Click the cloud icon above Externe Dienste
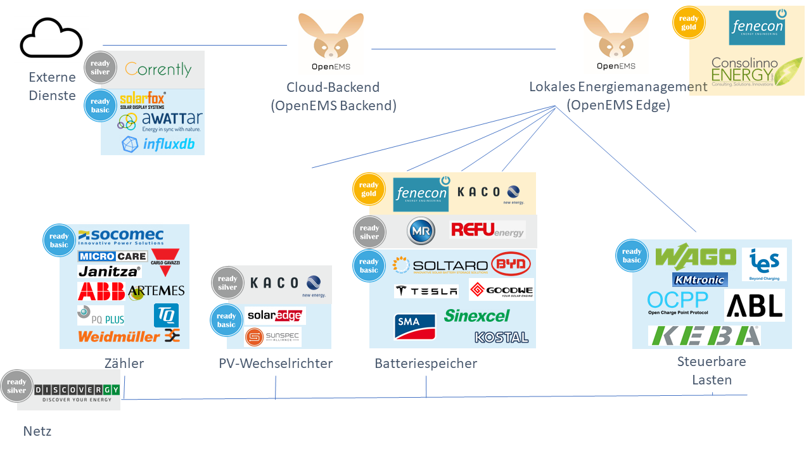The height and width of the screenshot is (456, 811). (x=51, y=39)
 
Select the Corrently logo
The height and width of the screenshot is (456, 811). (x=158, y=69)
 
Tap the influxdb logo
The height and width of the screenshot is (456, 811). (x=158, y=144)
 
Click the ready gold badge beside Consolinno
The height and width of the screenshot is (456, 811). (x=688, y=23)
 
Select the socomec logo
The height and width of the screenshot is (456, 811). (x=120, y=237)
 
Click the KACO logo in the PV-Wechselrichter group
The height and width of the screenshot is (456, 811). (x=285, y=284)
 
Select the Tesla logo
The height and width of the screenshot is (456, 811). (x=426, y=291)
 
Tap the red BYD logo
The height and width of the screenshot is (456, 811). (x=511, y=264)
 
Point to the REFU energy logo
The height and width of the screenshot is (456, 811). (x=487, y=229)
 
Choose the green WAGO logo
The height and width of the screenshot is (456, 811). (x=696, y=257)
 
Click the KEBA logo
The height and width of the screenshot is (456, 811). (x=704, y=336)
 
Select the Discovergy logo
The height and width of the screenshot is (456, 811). (x=76, y=390)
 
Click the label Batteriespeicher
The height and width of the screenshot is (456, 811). (x=425, y=364)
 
